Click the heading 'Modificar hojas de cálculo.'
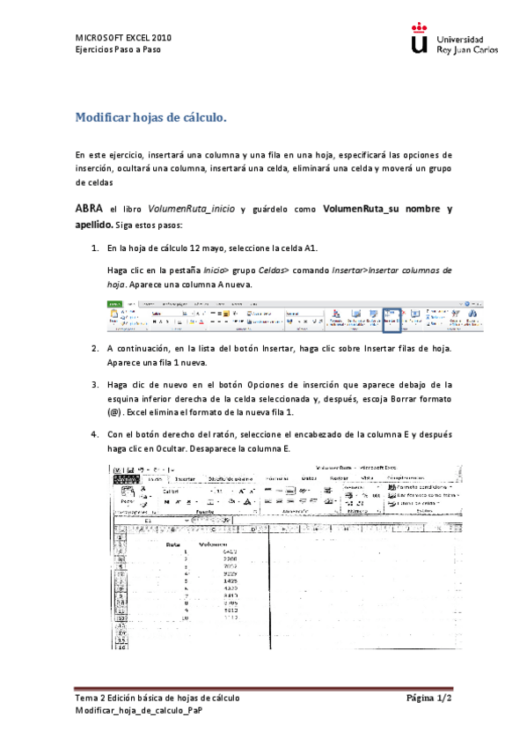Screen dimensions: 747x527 tap(151, 117)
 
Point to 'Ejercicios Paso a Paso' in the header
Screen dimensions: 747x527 tap(118, 49)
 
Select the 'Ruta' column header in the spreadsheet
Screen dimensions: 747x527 tap(173, 544)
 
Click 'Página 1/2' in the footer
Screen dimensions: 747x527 tap(428, 698)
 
